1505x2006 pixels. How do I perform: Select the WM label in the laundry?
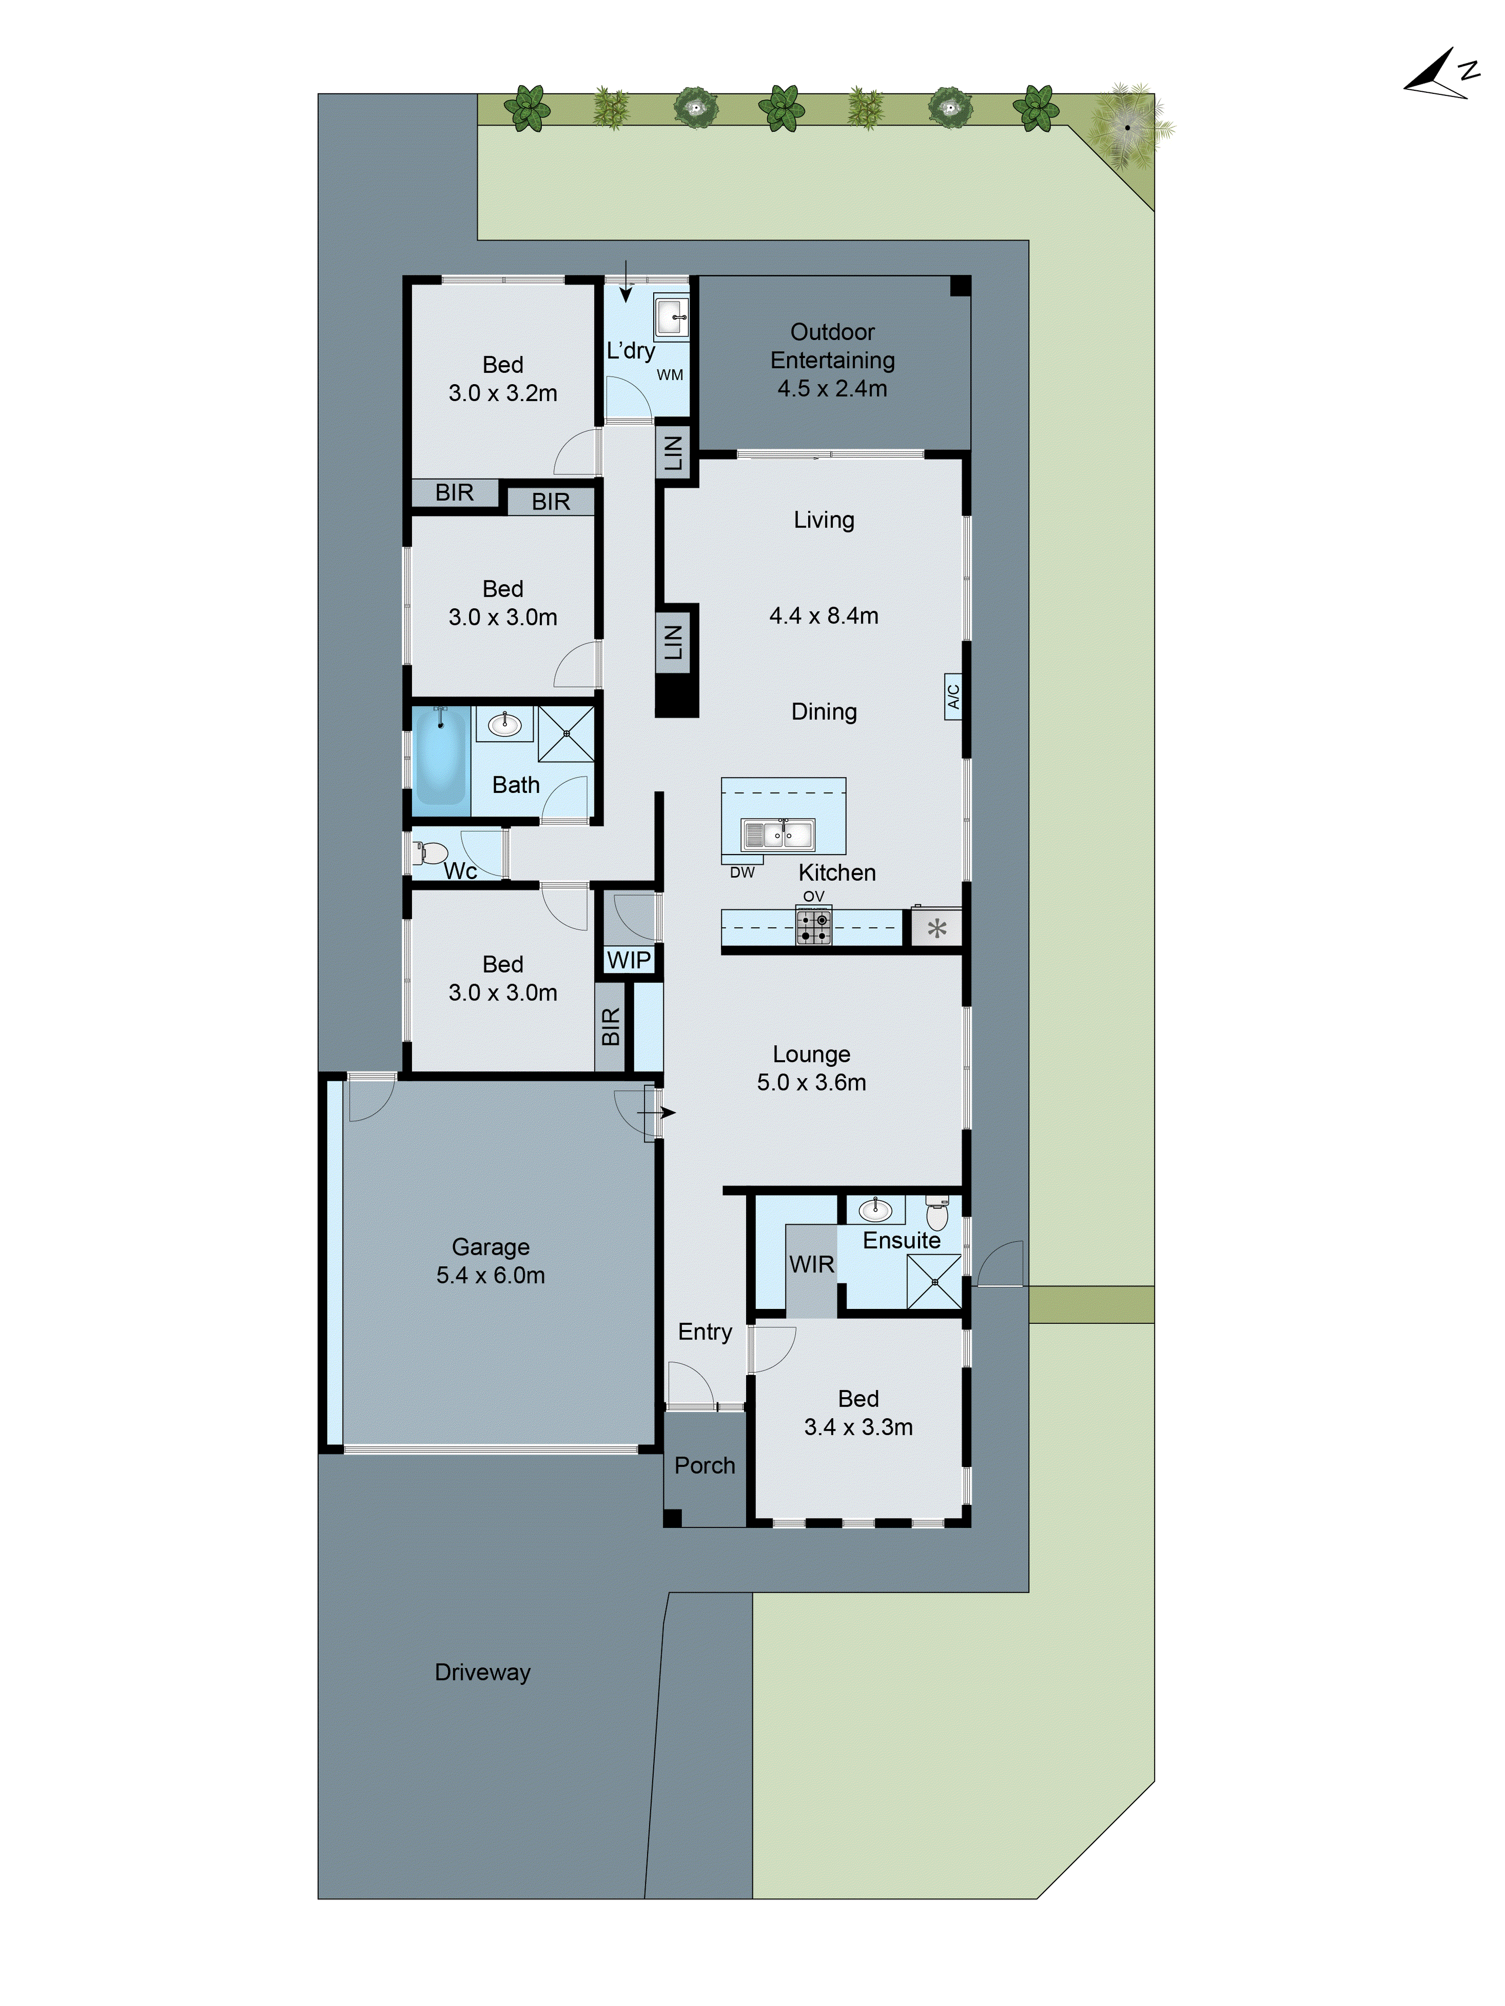point(670,375)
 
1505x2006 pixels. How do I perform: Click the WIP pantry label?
point(628,959)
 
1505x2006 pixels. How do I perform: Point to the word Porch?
point(704,1464)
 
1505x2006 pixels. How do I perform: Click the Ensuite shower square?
point(934,1281)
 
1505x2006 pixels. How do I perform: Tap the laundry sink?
point(671,318)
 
